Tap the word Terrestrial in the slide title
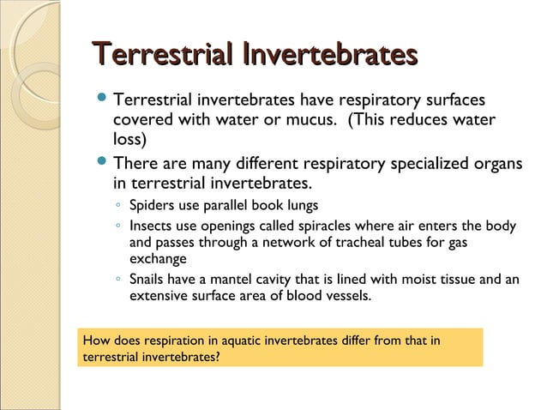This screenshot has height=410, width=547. pos(162,56)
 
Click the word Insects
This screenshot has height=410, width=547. pos(150,226)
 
